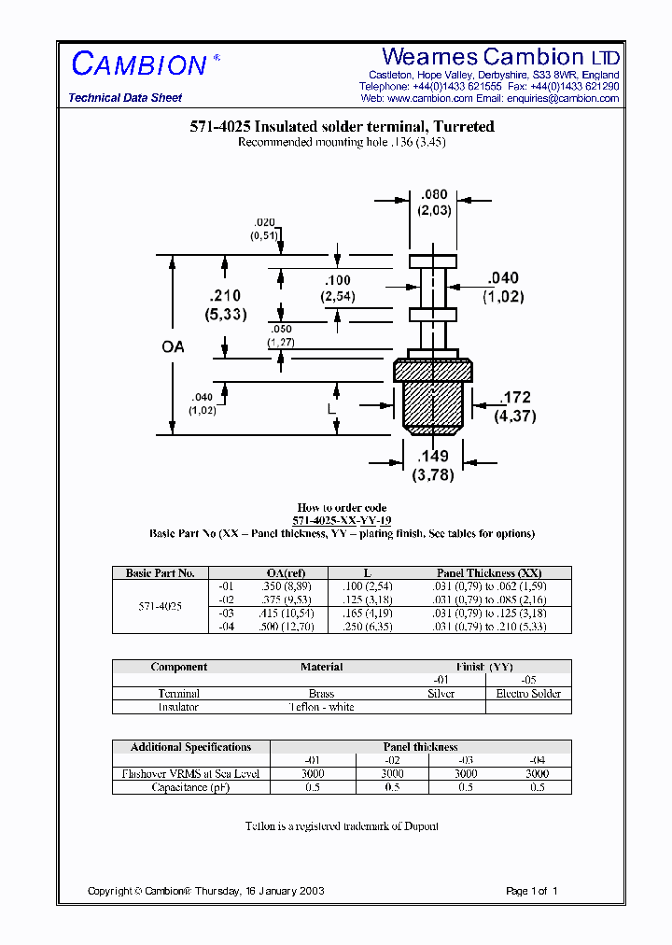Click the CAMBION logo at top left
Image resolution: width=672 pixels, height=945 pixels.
click(x=139, y=64)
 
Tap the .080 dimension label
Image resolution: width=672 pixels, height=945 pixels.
click(x=435, y=195)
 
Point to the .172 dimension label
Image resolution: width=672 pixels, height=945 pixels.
click(x=515, y=399)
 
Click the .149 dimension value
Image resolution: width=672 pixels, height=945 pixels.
click(x=435, y=457)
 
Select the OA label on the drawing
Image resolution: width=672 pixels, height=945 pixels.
click(x=174, y=346)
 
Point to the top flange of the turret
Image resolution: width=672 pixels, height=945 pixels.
click(x=435, y=261)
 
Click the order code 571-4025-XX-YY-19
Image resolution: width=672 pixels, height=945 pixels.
click(x=342, y=521)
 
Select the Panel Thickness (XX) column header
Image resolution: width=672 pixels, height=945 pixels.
click(x=489, y=573)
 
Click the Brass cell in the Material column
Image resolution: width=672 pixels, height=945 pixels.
click(x=321, y=694)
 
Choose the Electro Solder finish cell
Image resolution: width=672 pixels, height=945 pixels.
click(x=528, y=694)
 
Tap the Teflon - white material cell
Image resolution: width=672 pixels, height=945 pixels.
click(x=321, y=707)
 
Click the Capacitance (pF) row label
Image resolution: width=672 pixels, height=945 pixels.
click(x=190, y=787)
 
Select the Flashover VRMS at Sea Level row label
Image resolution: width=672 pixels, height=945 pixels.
click(x=190, y=774)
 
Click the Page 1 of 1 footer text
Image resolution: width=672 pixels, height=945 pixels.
click(x=531, y=891)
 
